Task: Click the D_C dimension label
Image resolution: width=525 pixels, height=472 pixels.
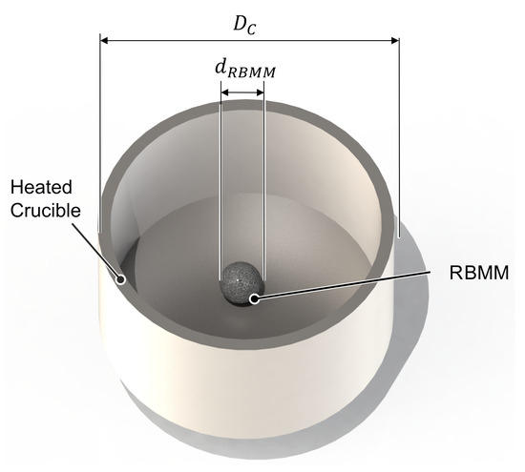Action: click(x=244, y=25)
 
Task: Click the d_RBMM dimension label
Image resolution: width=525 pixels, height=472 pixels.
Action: click(x=245, y=70)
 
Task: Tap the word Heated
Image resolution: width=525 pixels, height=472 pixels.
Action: click(x=41, y=187)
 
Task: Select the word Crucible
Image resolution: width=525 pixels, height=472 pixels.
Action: click(x=46, y=211)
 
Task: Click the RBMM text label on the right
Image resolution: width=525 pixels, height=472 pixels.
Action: click(x=479, y=273)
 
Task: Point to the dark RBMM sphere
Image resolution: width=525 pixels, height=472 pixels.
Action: click(x=242, y=283)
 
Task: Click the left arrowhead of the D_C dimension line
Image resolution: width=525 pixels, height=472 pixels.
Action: click(x=104, y=40)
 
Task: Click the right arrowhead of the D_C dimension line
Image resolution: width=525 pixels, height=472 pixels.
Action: click(x=395, y=40)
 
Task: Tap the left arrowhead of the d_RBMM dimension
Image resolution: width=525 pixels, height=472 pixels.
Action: click(x=224, y=92)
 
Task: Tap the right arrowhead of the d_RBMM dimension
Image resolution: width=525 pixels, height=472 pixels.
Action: click(x=261, y=92)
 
